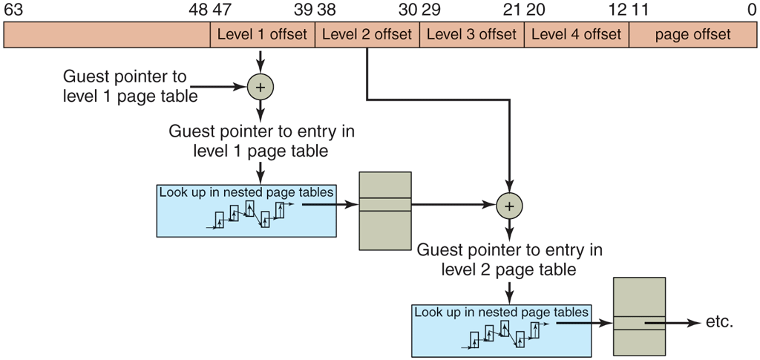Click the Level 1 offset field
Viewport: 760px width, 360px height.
pos(263,35)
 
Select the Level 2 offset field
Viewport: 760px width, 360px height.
pos(367,35)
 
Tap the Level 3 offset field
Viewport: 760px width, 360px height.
pos(472,35)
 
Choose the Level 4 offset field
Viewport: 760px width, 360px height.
pos(577,35)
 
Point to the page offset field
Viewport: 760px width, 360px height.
pos(693,35)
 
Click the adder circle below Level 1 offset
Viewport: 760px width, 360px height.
pos(260,88)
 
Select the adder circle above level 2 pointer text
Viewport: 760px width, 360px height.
pos(509,205)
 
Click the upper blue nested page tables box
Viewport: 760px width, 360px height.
pos(246,210)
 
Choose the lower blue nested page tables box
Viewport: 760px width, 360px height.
pos(502,330)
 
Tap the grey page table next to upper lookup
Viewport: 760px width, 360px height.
pos(384,211)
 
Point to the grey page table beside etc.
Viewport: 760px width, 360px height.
pos(639,318)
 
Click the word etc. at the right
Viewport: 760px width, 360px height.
pos(719,323)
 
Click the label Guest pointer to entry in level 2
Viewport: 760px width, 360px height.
pos(509,259)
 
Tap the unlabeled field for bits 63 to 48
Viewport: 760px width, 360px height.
pos(107,35)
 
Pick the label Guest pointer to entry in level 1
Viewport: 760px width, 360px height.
pos(261,140)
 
